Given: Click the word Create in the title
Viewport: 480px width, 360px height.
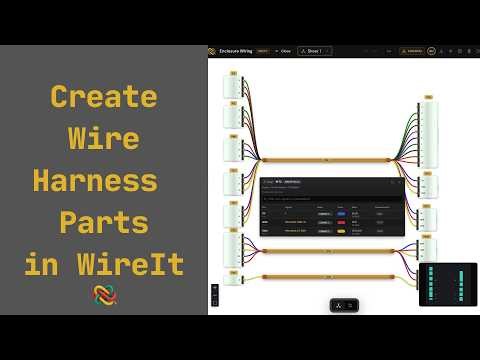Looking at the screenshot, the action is click(103, 98).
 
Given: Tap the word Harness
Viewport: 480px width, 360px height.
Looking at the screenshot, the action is click(95, 182).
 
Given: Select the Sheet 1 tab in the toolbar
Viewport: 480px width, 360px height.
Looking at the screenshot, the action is click(314, 50).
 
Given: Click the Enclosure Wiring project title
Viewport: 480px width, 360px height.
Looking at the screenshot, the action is click(236, 50).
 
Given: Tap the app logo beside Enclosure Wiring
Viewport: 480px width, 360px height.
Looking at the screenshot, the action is click(212, 50).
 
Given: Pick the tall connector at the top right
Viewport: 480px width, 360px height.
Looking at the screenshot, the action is click(428, 128).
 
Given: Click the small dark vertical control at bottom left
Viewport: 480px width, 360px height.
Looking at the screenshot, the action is click(215, 296).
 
